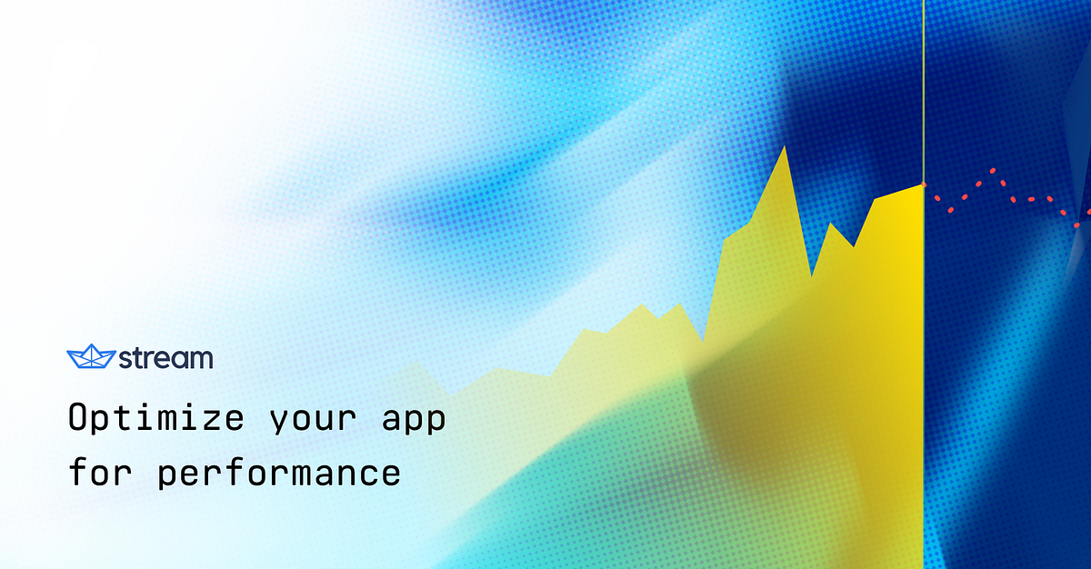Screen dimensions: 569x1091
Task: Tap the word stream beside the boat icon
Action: pos(166,358)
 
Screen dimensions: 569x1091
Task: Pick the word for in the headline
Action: pos(102,473)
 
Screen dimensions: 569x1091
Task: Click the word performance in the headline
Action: pos(279,474)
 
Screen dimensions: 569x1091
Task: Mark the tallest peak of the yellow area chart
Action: pos(785,146)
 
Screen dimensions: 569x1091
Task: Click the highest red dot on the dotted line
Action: pos(993,170)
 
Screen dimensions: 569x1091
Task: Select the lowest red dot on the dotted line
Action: pos(1076,225)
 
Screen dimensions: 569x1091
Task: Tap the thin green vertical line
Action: pos(923,91)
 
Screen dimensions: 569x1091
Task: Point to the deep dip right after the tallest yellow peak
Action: pos(811,275)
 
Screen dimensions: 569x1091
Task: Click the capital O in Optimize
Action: pos(80,418)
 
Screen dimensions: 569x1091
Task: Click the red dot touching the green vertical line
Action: pos(924,185)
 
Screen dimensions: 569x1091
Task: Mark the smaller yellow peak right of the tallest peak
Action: pos(831,223)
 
